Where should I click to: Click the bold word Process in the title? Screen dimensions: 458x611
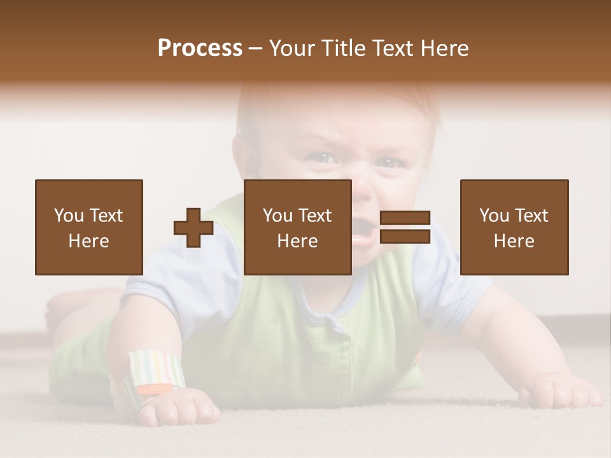point(200,48)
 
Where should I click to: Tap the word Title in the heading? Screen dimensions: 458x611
point(345,48)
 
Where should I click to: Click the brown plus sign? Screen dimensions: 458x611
point(193,227)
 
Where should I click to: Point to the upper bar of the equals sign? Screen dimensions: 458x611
point(405,218)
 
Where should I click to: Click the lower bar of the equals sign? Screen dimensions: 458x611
point(405,236)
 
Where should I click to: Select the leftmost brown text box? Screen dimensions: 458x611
point(88,227)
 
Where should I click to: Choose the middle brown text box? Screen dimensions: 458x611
point(297,227)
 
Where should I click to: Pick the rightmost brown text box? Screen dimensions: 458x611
point(514,227)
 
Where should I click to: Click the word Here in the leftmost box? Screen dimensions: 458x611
point(88,241)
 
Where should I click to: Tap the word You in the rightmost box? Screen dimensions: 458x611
point(494,216)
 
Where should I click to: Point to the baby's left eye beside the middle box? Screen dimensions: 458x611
point(388,162)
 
